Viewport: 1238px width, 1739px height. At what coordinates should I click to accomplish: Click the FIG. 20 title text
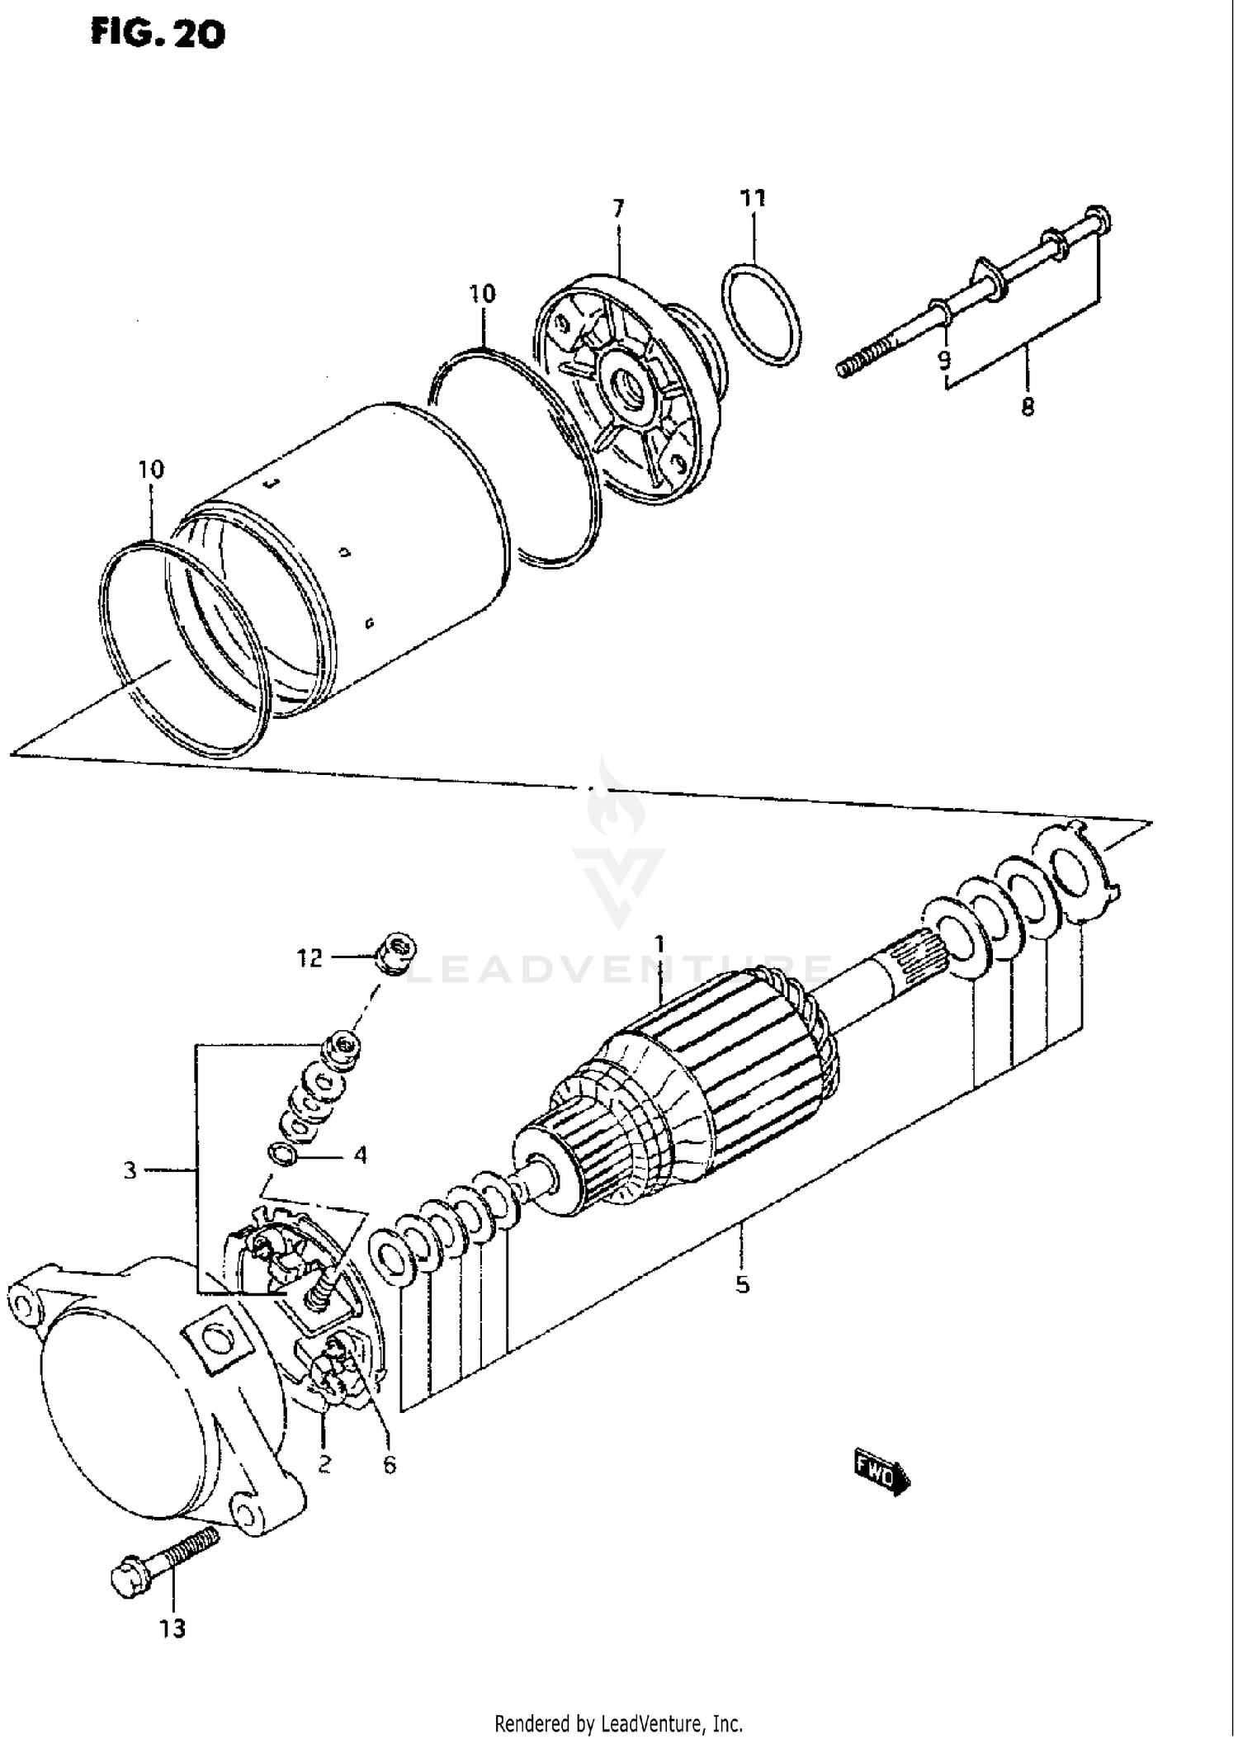(x=158, y=35)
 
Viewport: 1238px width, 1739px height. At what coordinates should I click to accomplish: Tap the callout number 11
(x=752, y=198)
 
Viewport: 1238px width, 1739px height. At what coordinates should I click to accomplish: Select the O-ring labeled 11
(x=762, y=314)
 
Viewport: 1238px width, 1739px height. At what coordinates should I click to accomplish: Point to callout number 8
(x=1028, y=407)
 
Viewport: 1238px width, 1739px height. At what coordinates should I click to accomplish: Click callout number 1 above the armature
(x=659, y=943)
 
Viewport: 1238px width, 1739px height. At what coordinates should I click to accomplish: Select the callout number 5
(x=742, y=1284)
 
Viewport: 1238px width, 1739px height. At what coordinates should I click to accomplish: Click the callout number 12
(x=309, y=958)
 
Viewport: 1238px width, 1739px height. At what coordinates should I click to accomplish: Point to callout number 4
(x=360, y=1155)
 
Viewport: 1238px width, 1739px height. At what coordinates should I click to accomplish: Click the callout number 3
(x=130, y=1170)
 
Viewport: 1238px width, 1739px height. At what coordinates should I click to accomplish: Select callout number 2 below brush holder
(x=324, y=1464)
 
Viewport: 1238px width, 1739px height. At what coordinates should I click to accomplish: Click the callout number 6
(x=389, y=1465)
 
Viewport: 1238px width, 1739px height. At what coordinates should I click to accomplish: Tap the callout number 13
(x=172, y=1629)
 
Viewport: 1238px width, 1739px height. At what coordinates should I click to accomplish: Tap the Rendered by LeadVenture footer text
(x=618, y=1723)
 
